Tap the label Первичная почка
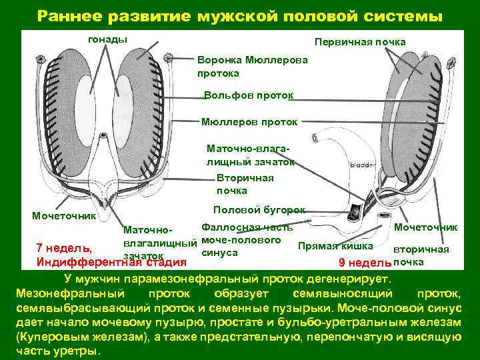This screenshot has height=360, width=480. click(360, 42)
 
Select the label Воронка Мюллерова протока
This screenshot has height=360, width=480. click(253, 65)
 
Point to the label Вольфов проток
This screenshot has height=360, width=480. click(249, 95)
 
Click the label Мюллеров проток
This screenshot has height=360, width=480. click(249, 122)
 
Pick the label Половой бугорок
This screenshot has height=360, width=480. click(259, 209)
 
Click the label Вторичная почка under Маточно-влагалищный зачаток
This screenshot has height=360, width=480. click(245, 184)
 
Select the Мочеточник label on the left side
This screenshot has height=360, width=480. click(64, 216)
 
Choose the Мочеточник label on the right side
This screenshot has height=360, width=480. click(426, 227)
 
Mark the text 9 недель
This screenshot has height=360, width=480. click(360, 261)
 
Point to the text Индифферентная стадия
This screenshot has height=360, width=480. click(111, 261)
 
